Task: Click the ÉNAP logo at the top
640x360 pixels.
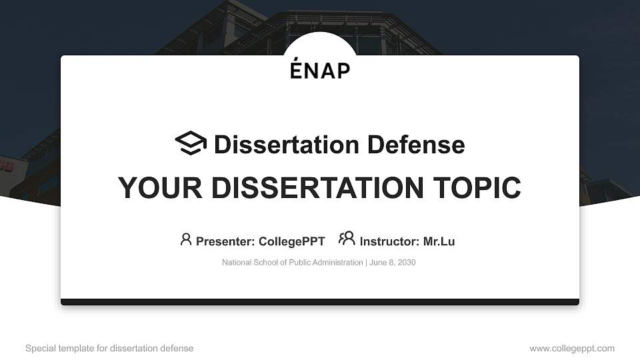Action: (x=320, y=69)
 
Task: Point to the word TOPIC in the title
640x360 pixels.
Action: (x=476, y=188)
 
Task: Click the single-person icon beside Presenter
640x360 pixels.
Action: (x=186, y=239)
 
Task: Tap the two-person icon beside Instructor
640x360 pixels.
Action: (x=347, y=239)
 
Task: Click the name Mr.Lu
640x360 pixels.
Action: (x=439, y=241)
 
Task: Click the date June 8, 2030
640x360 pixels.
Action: (x=392, y=263)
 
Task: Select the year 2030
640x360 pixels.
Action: (x=406, y=263)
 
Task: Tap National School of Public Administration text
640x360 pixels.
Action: (x=292, y=263)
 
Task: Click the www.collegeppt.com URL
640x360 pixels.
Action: (x=572, y=348)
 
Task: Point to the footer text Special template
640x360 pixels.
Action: (x=55, y=348)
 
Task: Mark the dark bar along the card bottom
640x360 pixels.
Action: (x=320, y=302)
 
